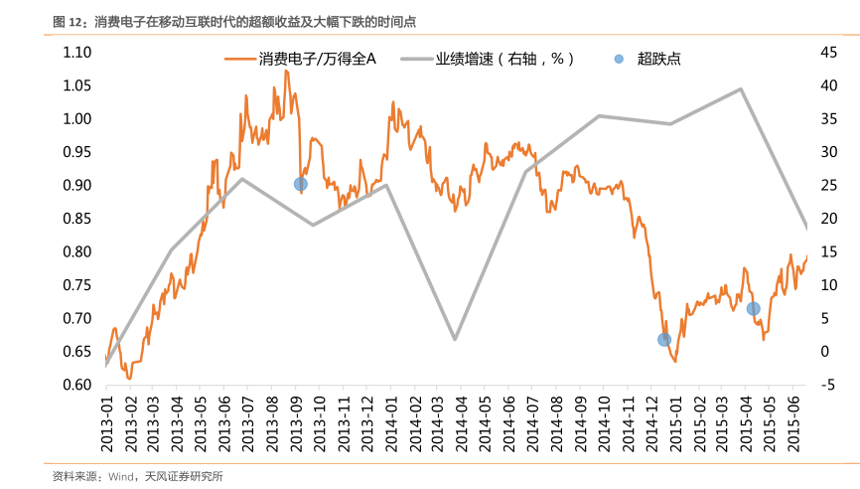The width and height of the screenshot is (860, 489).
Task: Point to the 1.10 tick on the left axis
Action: pos(76,52)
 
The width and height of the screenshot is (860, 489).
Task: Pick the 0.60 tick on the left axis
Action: pos(76,385)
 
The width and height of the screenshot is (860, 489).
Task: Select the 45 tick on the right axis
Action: pos(829,52)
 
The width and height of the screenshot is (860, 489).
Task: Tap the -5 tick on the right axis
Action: pos(829,385)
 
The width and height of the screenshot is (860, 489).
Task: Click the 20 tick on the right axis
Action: pos(829,219)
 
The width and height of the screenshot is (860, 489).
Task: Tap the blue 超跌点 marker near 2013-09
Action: pos(300,184)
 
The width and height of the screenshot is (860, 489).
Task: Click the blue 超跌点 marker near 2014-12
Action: pos(664,340)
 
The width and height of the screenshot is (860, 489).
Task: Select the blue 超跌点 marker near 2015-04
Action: pos(753,308)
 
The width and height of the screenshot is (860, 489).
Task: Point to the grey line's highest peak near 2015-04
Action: pos(741,88)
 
